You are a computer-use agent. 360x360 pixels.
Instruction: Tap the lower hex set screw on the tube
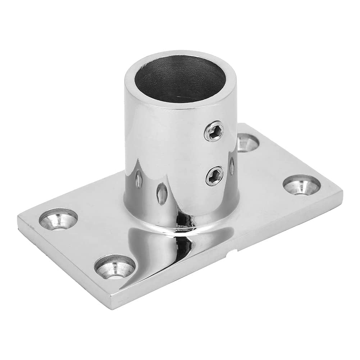[x=214, y=176]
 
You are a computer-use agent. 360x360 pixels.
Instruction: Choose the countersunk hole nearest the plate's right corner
[x=301, y=185]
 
